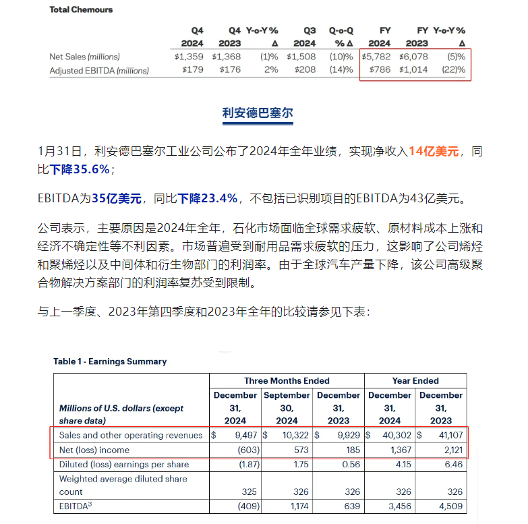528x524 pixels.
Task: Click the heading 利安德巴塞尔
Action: [258, 112]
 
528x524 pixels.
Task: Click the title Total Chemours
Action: [81, 9]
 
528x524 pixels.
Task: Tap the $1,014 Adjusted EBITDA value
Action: [413, 69]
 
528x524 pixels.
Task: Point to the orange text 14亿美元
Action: [434, 151]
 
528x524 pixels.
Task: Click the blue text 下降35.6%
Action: [80, 169]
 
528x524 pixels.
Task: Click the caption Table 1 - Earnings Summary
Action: [110, 361]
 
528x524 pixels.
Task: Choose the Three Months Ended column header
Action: [287, 380]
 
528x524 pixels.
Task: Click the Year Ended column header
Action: [415, 380]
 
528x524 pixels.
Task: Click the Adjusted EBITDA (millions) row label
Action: [99, 69]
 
